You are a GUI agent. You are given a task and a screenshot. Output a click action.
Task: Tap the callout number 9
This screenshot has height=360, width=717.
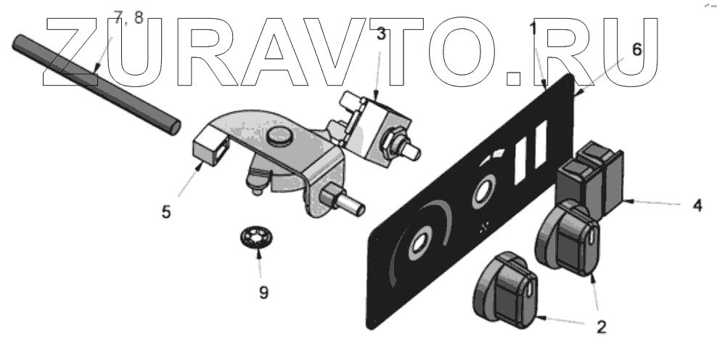263,292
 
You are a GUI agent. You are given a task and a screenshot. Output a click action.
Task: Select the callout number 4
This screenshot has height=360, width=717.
697,205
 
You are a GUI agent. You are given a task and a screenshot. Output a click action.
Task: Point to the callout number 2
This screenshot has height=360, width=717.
602,326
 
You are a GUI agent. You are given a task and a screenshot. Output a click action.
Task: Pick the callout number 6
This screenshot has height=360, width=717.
636,49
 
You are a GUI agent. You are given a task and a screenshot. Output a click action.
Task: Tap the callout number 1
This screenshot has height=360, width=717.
533,28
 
